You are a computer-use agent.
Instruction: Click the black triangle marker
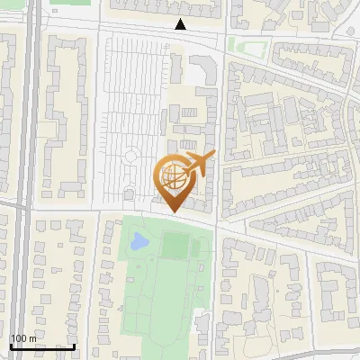pyautogui.click(x=181, y=25)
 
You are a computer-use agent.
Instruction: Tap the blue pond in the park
pyautogui.click(x=139, y=240)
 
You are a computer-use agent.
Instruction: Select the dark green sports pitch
pyautogui.click(x=175, y=244)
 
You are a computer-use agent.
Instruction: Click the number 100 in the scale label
pyautogui.click(x=19, y=338)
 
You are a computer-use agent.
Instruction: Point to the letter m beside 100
pyautogui.click(x=33, y=338)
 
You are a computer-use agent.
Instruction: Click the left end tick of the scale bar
pyautogui.click(x=11, y=346)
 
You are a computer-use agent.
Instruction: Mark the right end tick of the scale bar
pyautogui.click(x=75, y=346)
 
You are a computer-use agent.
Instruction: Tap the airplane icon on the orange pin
pyautogui.click(x=198, y=163)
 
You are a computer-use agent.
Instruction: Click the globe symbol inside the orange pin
pyautogui.click(x=171, y=175)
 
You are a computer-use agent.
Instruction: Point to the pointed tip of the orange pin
pyautogui.click(x=172, y=211)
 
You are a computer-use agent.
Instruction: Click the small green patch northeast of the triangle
pyautogui.click(x=240, y=45)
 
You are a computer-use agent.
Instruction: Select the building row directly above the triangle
pyautogui.click(x=171, y=9)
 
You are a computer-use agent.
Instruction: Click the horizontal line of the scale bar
pyautogui.click(x=42, y=346)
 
